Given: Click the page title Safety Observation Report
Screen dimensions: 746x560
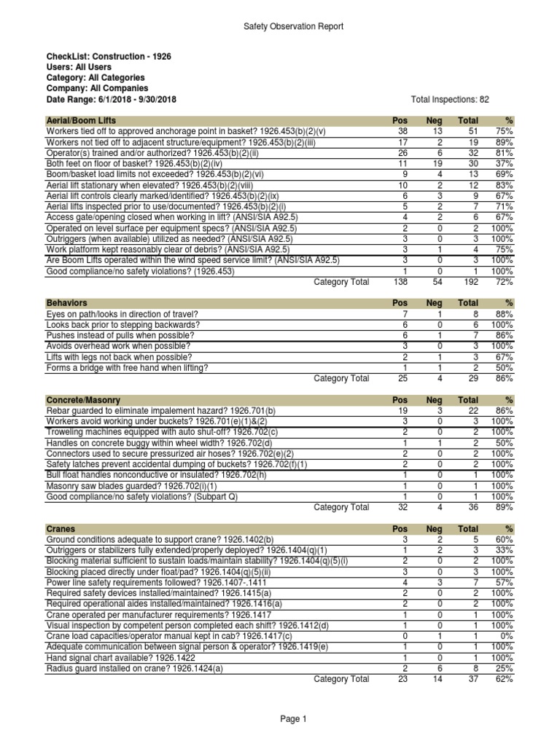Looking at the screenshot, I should [x=292, y=27].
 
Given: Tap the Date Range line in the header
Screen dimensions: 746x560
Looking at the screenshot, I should [x=111, y=99].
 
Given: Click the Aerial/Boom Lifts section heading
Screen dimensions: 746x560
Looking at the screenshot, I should [x=80, y=119].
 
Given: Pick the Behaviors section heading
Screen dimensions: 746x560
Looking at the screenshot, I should [x=66, y=302].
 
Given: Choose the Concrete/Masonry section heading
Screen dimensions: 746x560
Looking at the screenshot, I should [x=83, y=401].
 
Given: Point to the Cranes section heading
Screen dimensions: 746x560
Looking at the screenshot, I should [x=61, y=528].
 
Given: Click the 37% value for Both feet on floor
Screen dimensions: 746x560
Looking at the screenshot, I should [x=504, y=165].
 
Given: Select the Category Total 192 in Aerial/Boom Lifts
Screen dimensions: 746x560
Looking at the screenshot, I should [x=468, y=282].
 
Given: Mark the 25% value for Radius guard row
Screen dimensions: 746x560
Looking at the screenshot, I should [x=504, y=667].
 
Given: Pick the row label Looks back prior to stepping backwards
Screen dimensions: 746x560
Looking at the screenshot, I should [x=122, y=325].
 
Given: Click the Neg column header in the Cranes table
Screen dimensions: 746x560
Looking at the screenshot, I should [x=434, y=528].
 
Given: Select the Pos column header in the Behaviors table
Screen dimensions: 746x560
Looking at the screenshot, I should [x=400, y=302].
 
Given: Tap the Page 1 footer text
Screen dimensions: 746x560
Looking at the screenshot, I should [x=294, y=719].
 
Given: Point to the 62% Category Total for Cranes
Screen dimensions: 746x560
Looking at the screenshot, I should [x=504, y=679].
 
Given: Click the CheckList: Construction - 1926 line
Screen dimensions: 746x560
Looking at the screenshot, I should [x=109, y=55].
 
